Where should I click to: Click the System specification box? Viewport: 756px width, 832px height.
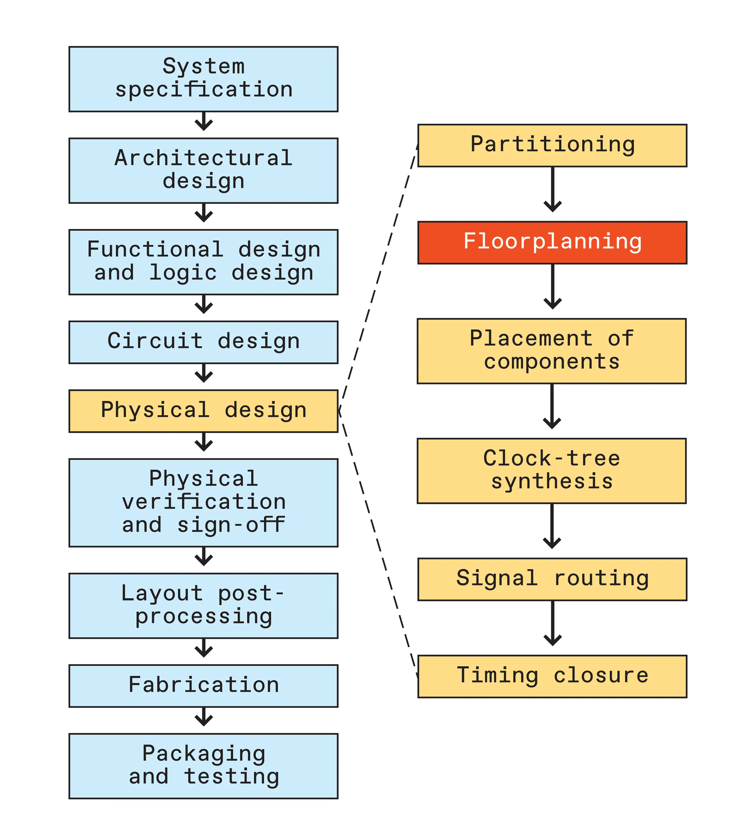click(x=203, y=79)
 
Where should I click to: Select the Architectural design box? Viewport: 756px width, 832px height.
click(x=203, y=170)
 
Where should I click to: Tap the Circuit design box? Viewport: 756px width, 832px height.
click(x=203, y=342)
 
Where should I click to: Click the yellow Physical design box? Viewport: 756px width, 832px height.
click(x=203, y=411)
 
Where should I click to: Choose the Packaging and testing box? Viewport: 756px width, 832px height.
click(x=203, y=766)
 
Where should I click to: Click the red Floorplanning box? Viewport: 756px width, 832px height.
click(x=552, y=243)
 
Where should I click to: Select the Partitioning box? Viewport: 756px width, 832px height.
click(x=552, y=146)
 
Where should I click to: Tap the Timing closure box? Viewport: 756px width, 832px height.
click(x=552, y=676)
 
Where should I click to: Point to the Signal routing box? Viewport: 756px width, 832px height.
click(x=552, y=579)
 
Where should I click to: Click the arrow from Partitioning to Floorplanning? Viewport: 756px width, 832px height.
click(x=553, y=190)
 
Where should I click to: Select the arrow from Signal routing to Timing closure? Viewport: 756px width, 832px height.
click(x=553, y=623)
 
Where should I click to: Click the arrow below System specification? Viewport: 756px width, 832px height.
click(x=204, y=121)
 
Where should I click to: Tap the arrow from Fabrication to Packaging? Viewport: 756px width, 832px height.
click(x=204, y=716)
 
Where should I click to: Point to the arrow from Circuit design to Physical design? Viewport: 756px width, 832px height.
click(x=204, y=373)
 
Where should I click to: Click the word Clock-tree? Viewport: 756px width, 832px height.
click(x=552, y=459)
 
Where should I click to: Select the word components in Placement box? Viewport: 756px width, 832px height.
click(x=552, y=362)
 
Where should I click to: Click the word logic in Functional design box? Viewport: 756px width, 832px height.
click(x=183, y=273)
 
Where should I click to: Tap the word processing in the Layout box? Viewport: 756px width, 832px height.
click(x=204, y=617)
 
